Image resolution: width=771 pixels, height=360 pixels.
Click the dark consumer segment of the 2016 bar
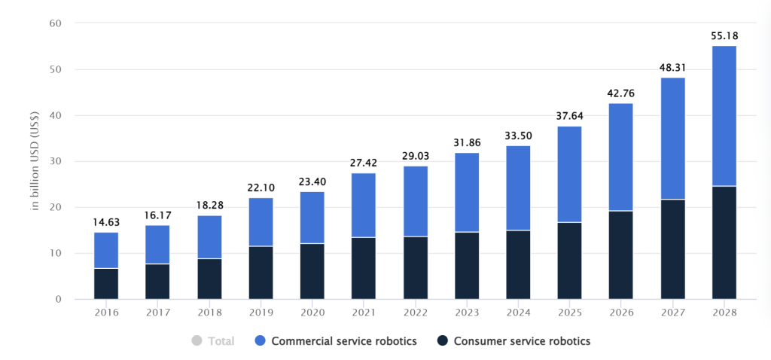click(106, 284)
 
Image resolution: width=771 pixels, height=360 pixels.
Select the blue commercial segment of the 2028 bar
click(724, 116)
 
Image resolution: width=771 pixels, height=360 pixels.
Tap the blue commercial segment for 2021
click(364, 206)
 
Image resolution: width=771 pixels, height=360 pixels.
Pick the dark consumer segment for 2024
click(518, 264)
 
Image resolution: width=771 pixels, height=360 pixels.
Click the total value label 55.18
click(724, 36)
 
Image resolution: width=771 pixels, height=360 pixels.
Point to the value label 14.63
click(106, 222)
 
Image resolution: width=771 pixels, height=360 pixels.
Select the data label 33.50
click(518, 136)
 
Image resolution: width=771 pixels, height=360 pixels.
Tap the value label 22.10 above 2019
click(261, 188)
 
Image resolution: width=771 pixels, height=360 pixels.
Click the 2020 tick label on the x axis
click(312, 313)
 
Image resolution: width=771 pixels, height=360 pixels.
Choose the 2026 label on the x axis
click(621, 313)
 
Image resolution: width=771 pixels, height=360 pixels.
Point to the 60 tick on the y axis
click(55, 23)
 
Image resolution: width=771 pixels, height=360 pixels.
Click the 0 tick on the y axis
click(58, 299)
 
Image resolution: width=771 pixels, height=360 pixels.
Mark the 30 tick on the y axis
click(55, 161)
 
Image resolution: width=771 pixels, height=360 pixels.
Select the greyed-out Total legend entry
click(213, 341)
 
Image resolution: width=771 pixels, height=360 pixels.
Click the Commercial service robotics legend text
click(344, 341)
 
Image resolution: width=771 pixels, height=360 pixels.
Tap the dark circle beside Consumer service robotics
click(443, 341)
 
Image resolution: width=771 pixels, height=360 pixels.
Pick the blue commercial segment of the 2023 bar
click(467, 192)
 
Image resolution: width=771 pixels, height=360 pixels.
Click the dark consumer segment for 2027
click(672, 249)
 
